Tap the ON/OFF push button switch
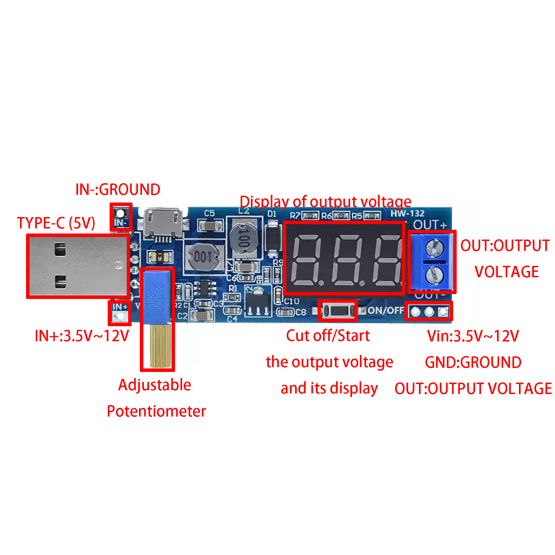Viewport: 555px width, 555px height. tap(338, 311)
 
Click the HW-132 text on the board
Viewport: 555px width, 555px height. tap(407, 214)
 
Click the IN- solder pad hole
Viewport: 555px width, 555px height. tap(120, 214)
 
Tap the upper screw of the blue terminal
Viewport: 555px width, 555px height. tap(434, 248)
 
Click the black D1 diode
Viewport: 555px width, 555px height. tap(273, 238)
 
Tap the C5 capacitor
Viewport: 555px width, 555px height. tap(210, 225)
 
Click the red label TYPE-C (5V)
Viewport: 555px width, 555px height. tap(56, 223)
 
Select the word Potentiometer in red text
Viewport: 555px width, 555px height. tap(156, 411)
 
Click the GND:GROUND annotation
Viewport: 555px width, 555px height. tap(473, 362)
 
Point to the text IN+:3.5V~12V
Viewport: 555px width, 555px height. tap(82, 336)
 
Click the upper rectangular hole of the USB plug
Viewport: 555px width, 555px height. tap(60, 249)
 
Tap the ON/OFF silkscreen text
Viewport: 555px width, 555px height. tap(386, 311)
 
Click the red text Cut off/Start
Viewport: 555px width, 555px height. tap(328, 335)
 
